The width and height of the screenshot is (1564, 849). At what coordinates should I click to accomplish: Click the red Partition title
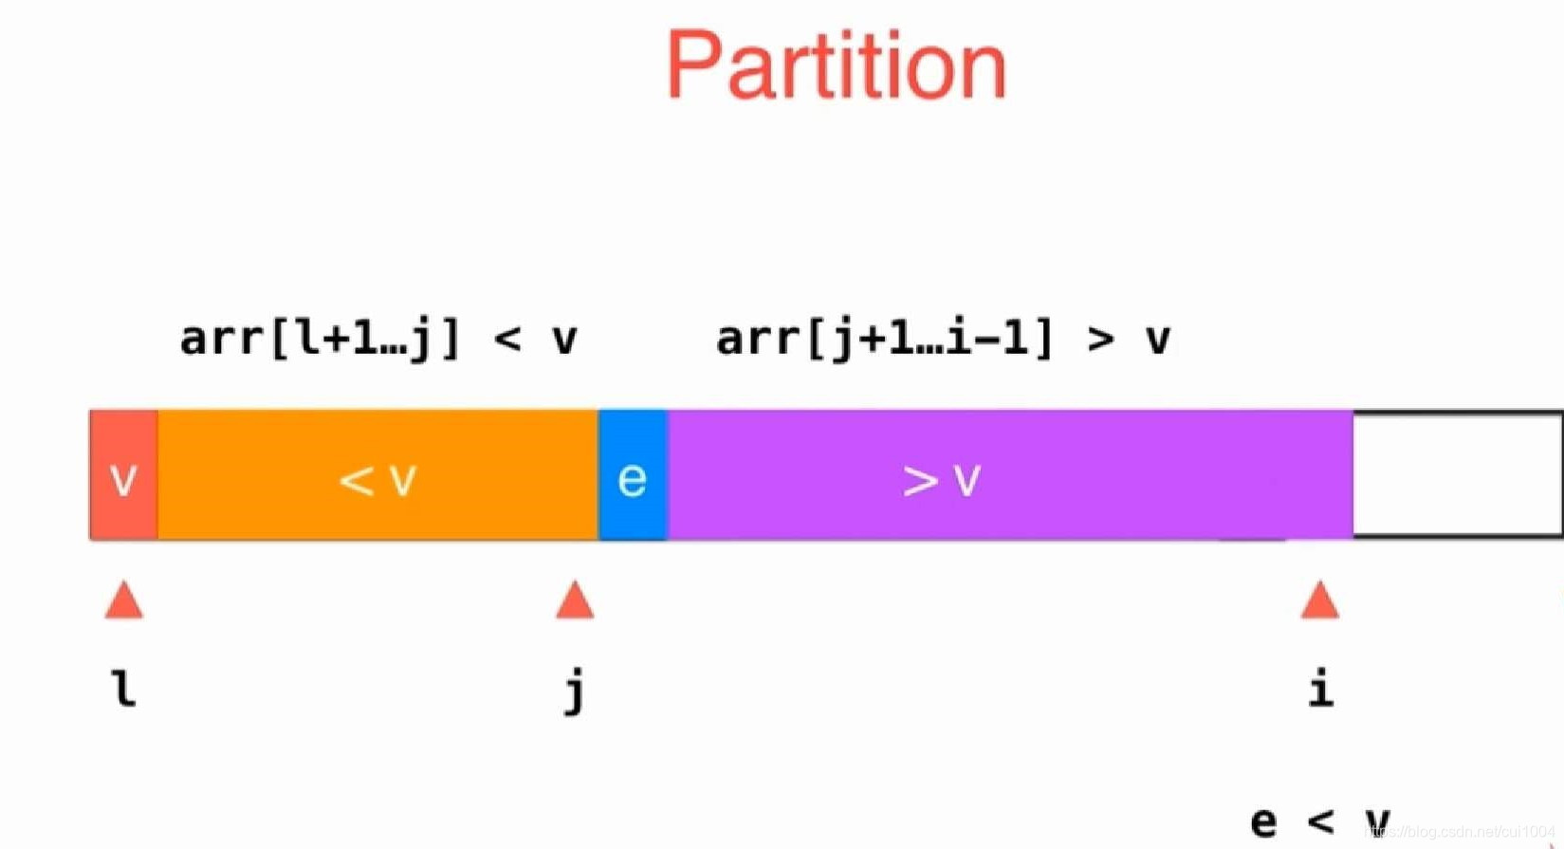(x=836, y=65)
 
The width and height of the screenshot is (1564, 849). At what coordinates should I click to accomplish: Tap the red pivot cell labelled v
(x=123, y=475)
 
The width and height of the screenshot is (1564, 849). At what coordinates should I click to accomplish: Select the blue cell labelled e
(x=633, y=475)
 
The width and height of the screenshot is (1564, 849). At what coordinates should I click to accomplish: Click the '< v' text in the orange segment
(x=377, y=479)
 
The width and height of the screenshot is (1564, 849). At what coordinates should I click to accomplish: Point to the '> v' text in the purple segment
(x=941, y=479)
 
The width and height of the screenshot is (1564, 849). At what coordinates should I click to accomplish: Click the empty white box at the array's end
(x=1456, y=474)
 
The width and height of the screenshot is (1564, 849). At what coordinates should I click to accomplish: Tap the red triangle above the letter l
(x=124, y=600)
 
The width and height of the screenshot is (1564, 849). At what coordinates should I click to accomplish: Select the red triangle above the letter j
(x=575, y=600)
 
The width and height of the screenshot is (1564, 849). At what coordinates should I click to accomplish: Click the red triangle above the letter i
(x=1319, y=600)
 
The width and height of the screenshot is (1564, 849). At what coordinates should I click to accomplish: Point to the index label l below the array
(x=124, y=689)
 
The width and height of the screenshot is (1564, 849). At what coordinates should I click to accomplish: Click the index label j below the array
(x=574, y=691)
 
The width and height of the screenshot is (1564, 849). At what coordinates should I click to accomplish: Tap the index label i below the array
(x=1320, y=689)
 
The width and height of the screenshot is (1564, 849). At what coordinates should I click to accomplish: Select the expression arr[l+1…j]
(x=320, y=339)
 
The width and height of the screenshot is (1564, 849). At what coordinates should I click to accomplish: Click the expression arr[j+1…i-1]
(x=885, y=339)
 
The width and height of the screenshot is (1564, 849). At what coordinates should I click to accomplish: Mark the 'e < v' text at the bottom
(x=1320, y=821)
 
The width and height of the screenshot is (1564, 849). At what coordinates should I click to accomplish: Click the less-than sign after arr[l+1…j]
(x=507, y=340)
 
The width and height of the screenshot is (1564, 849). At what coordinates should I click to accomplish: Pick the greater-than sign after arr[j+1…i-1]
(x=1100, y=340)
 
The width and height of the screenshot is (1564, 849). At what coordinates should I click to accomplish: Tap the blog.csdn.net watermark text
(x=1461, y=832)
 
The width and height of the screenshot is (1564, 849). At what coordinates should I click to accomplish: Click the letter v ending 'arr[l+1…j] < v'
(x=565, y=340)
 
